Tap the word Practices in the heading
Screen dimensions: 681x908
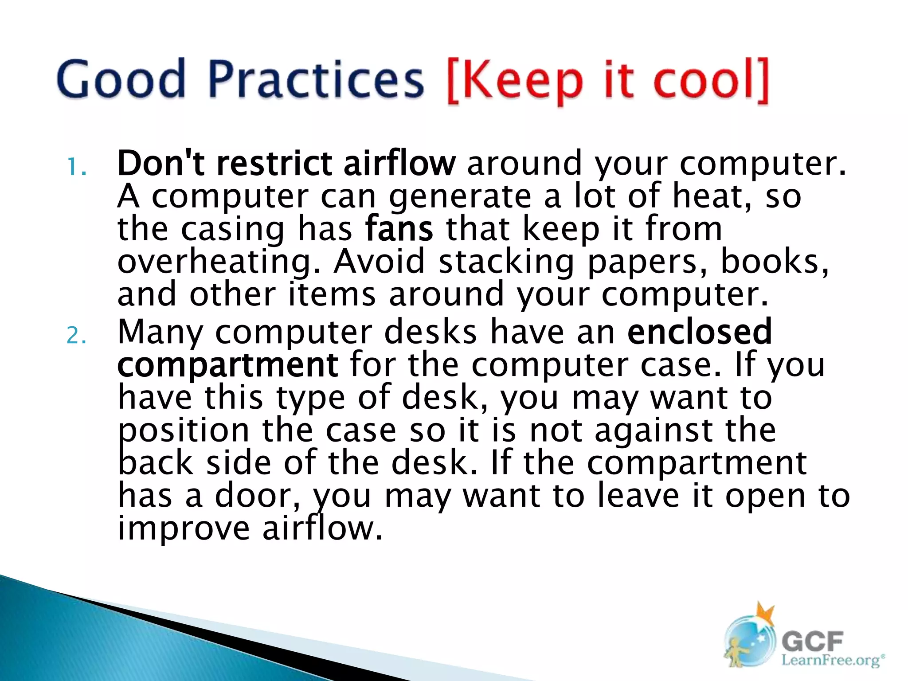[316, 80]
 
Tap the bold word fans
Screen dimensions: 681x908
[399, 229]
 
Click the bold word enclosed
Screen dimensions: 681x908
[700, 331]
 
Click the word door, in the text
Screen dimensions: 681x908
[257, 495]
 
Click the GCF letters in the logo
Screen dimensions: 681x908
[812, 642]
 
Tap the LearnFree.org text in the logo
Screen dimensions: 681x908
[830, 660]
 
